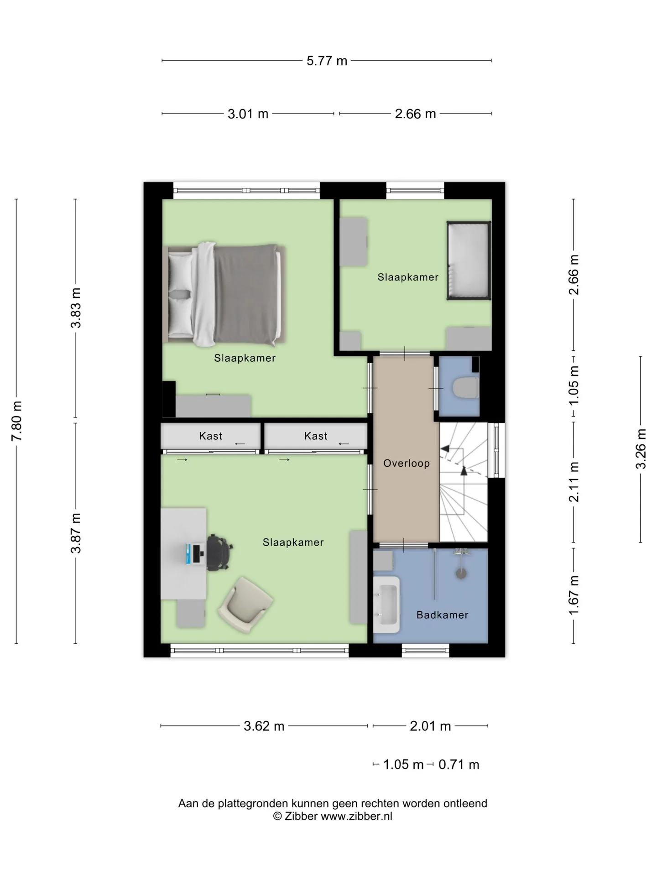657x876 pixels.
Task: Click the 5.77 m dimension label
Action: coord(327,61)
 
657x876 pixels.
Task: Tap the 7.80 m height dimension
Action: coord(17,421)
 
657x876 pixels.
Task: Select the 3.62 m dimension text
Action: coord(264,726)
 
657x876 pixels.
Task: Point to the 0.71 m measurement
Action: coord(459,764)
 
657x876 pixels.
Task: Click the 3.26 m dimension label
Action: coord(641,449)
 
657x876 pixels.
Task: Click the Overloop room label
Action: coord(407,464)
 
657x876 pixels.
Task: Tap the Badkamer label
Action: coord(442,615)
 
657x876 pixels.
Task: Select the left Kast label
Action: coord(210,436)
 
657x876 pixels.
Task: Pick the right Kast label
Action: coord(316,436)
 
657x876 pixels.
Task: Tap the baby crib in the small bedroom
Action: coord(469,261)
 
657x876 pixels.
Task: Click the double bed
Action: coord(224,295)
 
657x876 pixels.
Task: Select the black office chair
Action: coord(219,553)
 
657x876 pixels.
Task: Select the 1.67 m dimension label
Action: coord(574,595)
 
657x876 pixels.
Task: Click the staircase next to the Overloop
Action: coord(464,483)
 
